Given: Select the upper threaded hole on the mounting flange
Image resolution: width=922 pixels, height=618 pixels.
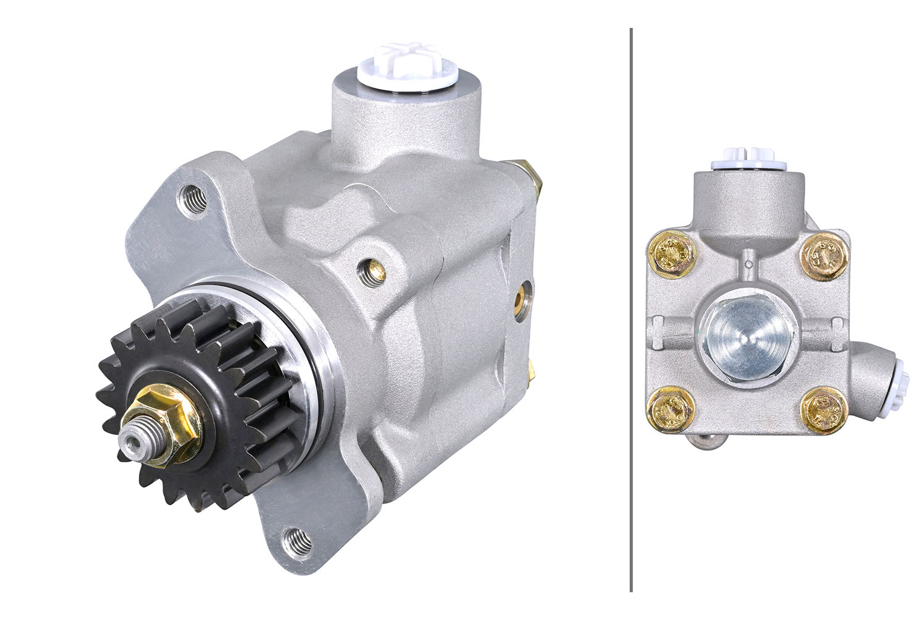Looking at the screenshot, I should (x=194, y=198).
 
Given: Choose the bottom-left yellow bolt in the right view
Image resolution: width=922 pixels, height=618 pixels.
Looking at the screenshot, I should (x=670, y=408).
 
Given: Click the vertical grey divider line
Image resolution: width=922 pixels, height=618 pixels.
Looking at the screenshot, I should (x=631, y=309).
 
